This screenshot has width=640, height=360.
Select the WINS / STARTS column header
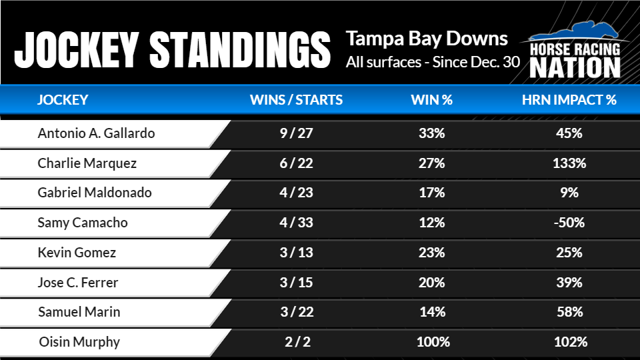[x=296, y=101]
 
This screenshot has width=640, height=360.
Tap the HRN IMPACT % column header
[x=569, y=101]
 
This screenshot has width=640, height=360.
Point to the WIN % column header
[x=431, y=101]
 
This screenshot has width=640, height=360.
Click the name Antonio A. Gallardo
[x=96, y=133]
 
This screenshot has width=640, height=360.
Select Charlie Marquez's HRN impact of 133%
[x=569, y=163]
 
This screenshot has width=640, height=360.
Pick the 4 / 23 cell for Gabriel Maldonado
[x=296, y=193]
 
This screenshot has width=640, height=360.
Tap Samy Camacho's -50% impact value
[x=569, y=223]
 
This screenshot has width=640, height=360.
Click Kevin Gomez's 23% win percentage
[x=431, y=253]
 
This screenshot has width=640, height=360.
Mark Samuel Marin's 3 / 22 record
[x=296, y=312]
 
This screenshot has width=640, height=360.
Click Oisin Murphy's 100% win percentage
[x=431, y=342]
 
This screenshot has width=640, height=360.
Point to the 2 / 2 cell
[x=296, y=342]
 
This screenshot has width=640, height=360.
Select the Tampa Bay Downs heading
[x=427, y=39]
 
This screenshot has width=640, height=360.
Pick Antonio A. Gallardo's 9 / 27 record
[x=296, y=133]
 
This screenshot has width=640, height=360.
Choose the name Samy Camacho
[x=82, y=223]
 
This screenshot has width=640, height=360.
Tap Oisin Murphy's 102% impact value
[x=569, y=342]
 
